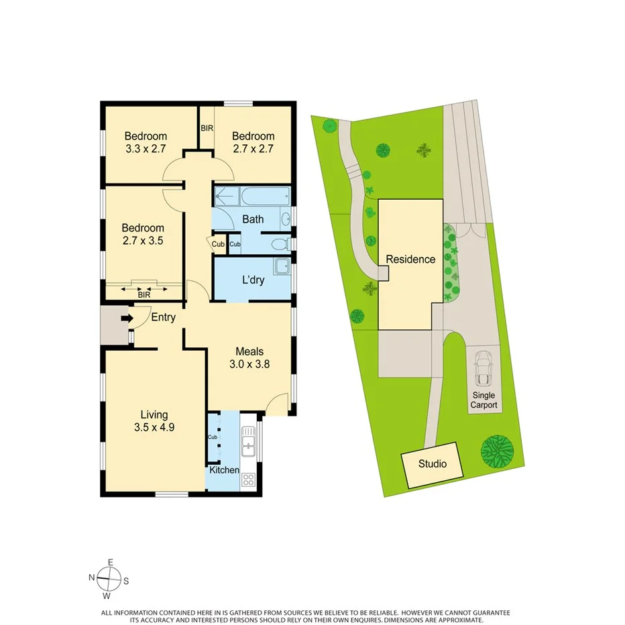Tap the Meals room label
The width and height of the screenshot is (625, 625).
(249, 351)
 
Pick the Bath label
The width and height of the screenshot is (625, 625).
(253, 219)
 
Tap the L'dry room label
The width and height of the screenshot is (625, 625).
(253, 280)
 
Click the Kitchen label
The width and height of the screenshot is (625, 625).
(224, 470)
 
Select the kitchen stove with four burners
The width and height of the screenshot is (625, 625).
(248, 479)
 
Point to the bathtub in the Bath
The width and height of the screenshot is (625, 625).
(265, 197)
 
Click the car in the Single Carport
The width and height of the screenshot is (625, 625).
(483, 366)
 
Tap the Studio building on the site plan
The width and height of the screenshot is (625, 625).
(433, 463)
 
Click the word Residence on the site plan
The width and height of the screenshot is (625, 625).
(410, 260)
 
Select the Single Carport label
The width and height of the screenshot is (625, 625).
(484, 400)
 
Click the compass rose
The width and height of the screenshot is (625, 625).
(108, 577)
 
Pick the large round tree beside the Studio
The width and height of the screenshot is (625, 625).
(498, 451)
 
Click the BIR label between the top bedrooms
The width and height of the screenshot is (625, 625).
(207, 127)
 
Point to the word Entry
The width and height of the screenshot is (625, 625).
(164, 317)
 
